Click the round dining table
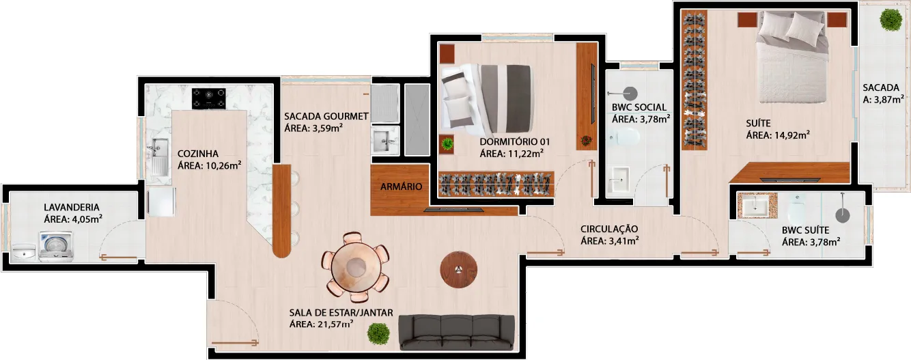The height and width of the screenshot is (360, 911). [x=356, y=267]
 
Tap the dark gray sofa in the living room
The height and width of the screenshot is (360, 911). [x=456, y=332]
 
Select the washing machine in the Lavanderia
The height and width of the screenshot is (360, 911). [x=56, y=246]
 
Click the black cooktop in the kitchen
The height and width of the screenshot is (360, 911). [x=209, y=98]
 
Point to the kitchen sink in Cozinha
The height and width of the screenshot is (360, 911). [x=160, y=156]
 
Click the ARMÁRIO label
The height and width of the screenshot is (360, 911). [x=401, y=186]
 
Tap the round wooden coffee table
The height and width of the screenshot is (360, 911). [x=458, y=269]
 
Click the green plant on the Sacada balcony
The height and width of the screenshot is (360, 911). [x=891, y=19]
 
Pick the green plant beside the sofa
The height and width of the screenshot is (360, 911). [x=378, y=334]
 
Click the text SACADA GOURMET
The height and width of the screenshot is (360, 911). [x=326, y=116]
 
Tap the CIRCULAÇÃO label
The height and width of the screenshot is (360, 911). [x=609, y=229]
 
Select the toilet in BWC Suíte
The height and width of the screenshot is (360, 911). [x=796, y=208]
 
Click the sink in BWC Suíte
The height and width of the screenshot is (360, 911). [x=755, y=206]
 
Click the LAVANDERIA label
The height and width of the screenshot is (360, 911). [x=72, y=208]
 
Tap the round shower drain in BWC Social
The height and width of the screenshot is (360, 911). [x=630, y=94]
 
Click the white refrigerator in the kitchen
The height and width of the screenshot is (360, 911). [x=161, y=202]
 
